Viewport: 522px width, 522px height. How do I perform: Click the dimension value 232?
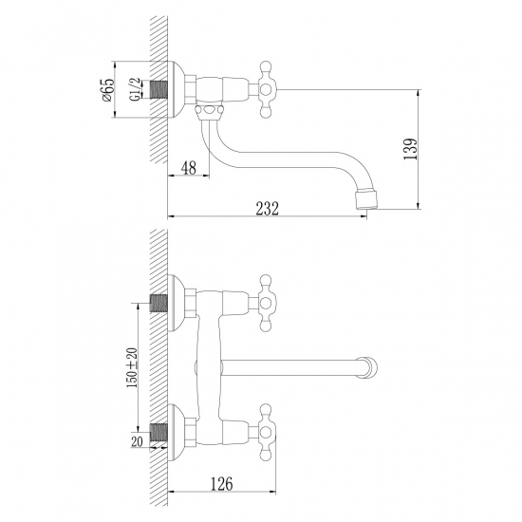[x=267, y=211]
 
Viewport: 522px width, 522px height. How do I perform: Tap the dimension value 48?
[x=187, y=168]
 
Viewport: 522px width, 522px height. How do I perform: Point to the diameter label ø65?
[x=107, y=91]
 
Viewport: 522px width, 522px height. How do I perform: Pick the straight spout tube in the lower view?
[x=294, y=364]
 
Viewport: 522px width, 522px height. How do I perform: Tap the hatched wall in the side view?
[x=156, y=133]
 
